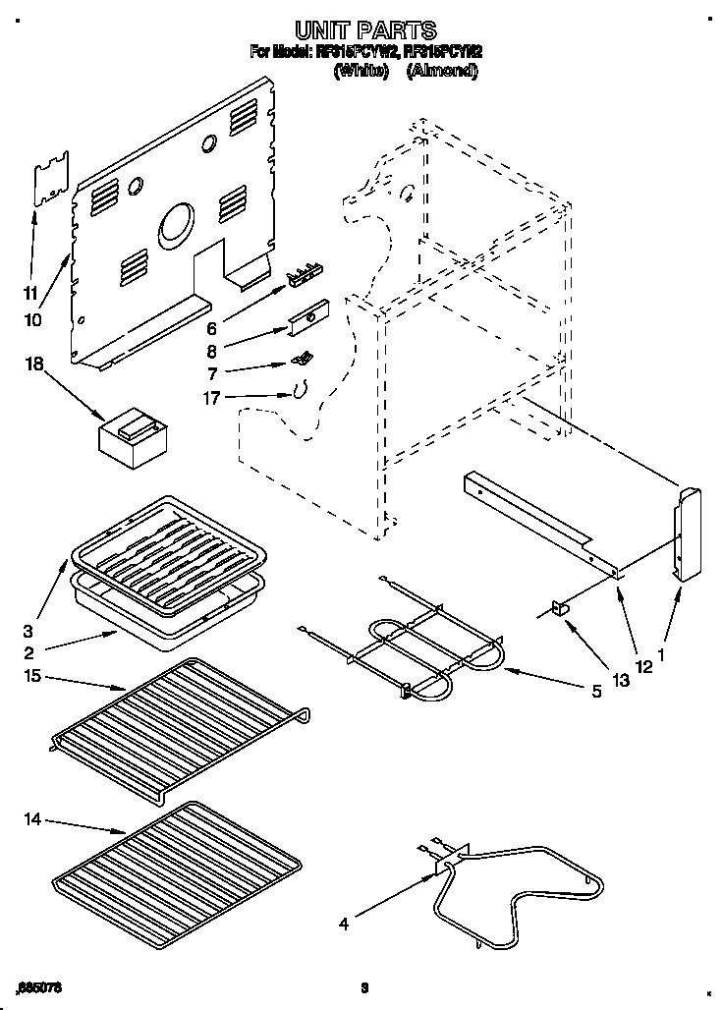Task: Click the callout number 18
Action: click(x=34, y=364)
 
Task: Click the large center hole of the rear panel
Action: click(x=178, y=222)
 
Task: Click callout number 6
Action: click(x=212, y=327)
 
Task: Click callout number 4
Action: click(x=344, y=923)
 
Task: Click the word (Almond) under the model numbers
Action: click(x=442, y=72)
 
